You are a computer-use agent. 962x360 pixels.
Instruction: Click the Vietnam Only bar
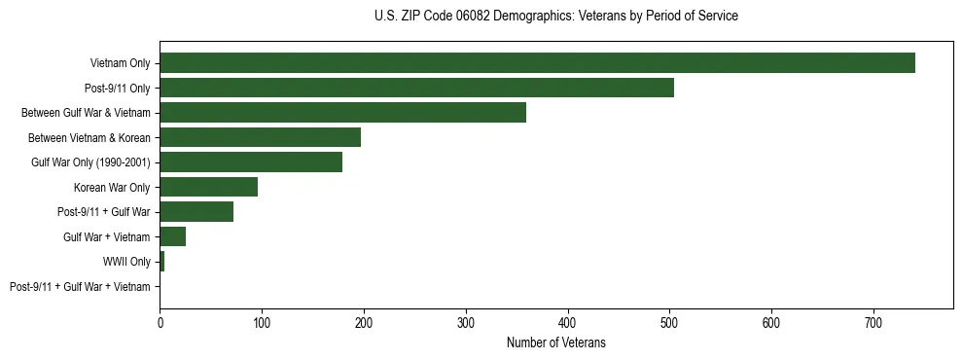537,63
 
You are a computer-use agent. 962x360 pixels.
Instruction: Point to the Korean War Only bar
208,187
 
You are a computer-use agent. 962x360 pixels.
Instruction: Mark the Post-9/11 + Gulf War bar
196,212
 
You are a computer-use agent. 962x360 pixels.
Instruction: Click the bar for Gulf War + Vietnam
172,236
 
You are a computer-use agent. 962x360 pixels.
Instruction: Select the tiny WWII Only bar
161,262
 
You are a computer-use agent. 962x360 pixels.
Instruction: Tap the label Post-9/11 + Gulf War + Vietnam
80,287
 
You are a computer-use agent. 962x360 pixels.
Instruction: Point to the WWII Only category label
126,262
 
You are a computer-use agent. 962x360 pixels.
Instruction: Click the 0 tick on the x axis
160,322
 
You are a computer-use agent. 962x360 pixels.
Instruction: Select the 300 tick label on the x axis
466,322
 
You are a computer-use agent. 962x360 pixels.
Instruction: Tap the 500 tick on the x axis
669,322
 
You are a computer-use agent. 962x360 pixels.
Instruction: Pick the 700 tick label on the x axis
873,322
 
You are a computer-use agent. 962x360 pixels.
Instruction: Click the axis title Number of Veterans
555,342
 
